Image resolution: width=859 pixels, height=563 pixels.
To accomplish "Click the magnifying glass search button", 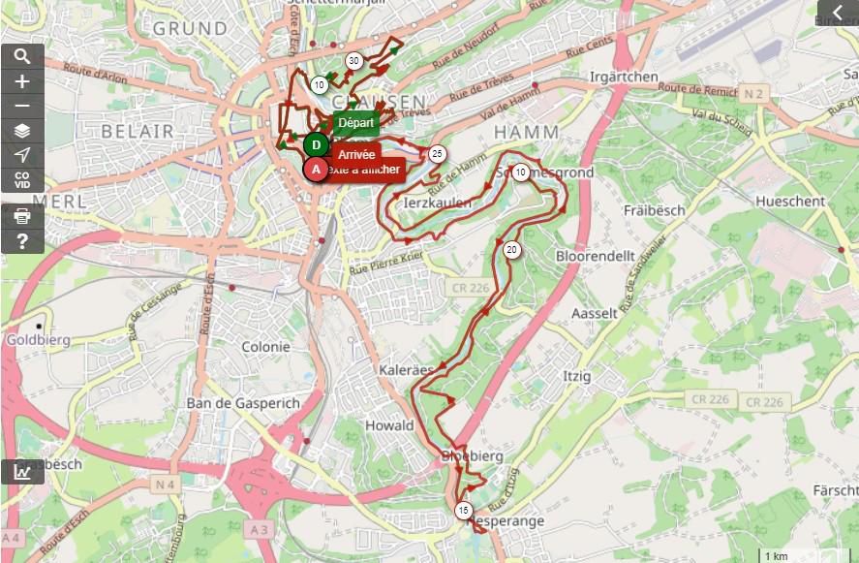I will (x=22, y=56).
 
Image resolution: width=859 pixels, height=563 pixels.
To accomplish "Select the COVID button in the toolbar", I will (x=22, y=179).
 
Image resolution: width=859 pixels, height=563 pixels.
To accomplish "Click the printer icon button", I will (x=22, y=216).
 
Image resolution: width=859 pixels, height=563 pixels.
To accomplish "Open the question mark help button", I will (x=22, y=241).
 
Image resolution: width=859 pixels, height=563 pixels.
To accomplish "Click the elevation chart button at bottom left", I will (x=21, y=472).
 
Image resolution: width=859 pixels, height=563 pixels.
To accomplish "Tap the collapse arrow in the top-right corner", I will (x=838, y=13).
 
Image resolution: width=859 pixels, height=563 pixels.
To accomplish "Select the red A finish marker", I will (x=316, y=170).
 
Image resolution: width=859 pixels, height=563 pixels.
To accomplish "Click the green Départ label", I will (x=355, y=123).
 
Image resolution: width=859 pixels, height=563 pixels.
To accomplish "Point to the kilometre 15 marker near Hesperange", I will (x=463, y=511).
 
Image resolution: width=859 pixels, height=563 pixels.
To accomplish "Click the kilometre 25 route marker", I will (x=437, y=154).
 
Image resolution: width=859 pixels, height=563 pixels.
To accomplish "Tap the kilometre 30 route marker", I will (x=354, y=61).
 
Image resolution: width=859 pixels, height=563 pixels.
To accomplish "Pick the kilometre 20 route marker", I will (x=511, y=250).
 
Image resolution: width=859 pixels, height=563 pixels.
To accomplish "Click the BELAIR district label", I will (x=138, y=131).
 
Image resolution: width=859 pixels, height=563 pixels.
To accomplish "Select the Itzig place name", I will (x=577, y=375).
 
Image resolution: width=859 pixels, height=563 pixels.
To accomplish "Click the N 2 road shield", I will (x=753, y=93).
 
